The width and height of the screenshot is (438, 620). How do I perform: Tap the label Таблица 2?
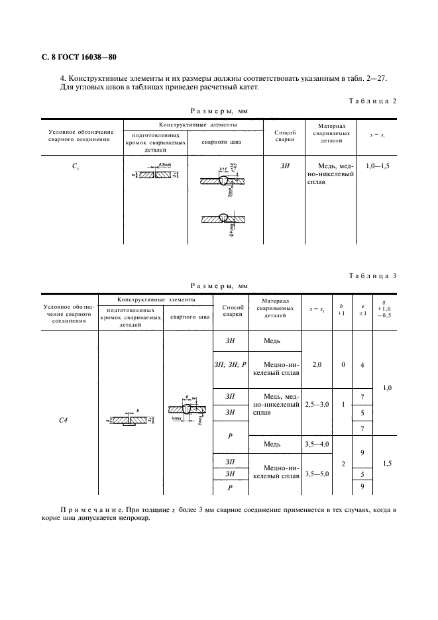tap(372, 101)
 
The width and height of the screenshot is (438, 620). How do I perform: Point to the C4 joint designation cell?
tap(69, 419)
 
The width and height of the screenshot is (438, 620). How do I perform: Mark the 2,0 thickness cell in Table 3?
tap(317, 364)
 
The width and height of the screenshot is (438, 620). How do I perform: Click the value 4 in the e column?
tap(362, 364)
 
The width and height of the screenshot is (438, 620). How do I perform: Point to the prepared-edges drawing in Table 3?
tap(130, 419)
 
